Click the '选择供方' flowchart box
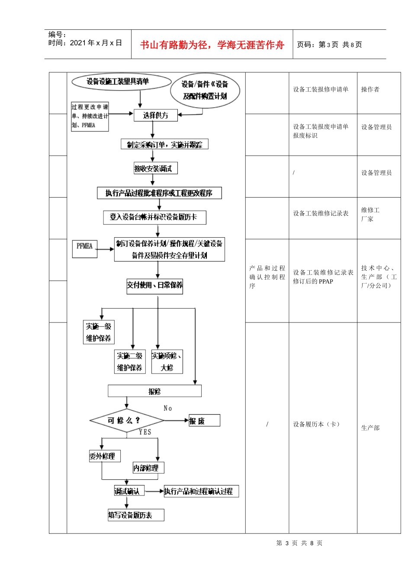pos(155,115)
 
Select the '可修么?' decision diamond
pos(126,420)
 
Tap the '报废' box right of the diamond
pos(204,421)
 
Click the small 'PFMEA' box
pos(85,249)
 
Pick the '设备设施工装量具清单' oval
pos(121,81)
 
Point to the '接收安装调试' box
pos(155,169)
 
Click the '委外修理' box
pos(104,456)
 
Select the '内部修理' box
pos(148,468)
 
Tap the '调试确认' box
pos(129,492)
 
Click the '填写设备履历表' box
pos(136,515)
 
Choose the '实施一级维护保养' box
pos(99,332)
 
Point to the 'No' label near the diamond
pos(168,408)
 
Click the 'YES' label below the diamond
pos(145,432)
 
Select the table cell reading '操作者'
pos(370,89)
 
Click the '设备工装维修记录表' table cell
pos(321,214)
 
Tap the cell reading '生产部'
pos(370,428)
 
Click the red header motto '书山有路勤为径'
pos(212,45)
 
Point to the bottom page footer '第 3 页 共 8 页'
pos(299,543)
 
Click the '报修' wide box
pos(154,392)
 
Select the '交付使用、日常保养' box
pos(154,285)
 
